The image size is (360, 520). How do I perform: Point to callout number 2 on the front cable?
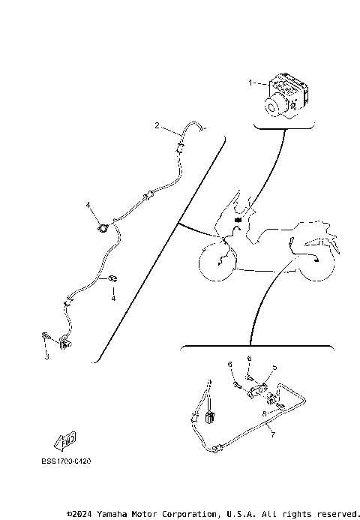point(157,125)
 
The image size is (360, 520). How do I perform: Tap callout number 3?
point(46,356)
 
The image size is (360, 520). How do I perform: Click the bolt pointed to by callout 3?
point(46,337)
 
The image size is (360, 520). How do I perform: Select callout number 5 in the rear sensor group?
point(274,368)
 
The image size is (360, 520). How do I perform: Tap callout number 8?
point(264,413)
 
